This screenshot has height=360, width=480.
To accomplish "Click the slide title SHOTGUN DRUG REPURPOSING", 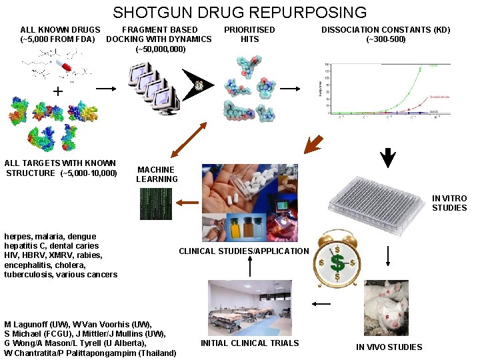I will pos(240,12).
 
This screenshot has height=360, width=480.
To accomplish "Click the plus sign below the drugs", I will pos(59,91).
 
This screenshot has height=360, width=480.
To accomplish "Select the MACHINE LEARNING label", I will pos(157,174).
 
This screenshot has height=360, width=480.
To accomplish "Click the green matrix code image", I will pos(155,204).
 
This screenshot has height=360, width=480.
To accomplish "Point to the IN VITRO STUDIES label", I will pos(449,203).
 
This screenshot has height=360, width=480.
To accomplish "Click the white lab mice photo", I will pos(386,307).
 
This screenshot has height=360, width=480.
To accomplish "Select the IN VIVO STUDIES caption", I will pos(389,347).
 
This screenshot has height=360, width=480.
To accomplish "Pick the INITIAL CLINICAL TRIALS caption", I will pos(249,343).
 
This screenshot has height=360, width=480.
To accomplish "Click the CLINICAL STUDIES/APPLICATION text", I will pos(244,251).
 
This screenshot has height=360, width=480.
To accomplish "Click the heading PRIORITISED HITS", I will pos(249,34).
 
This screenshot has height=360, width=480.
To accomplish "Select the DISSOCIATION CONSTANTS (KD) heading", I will pos(386,34).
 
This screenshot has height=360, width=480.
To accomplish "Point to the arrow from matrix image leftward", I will pos(188,203).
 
